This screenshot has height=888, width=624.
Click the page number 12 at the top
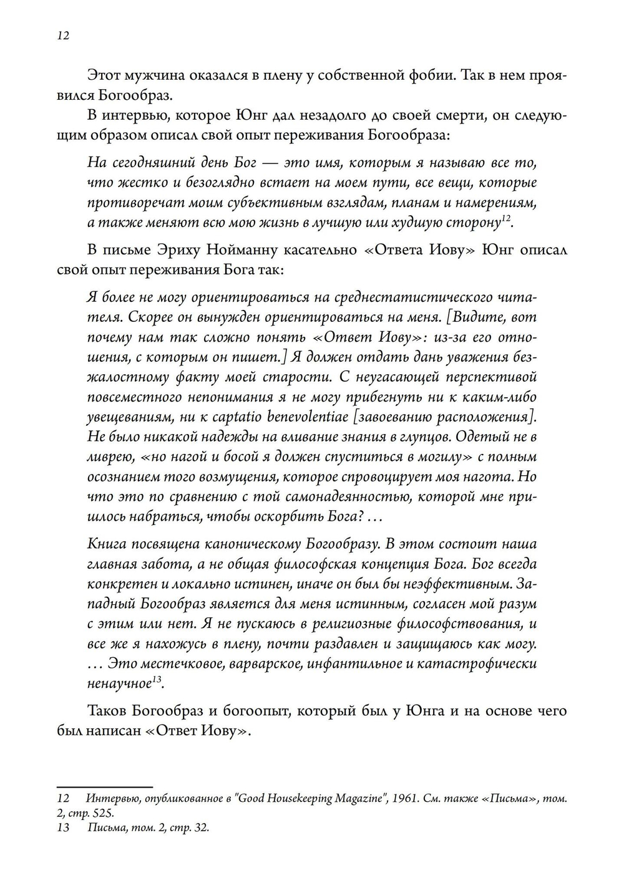point(62,36)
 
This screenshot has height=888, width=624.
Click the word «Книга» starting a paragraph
point(109,544)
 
